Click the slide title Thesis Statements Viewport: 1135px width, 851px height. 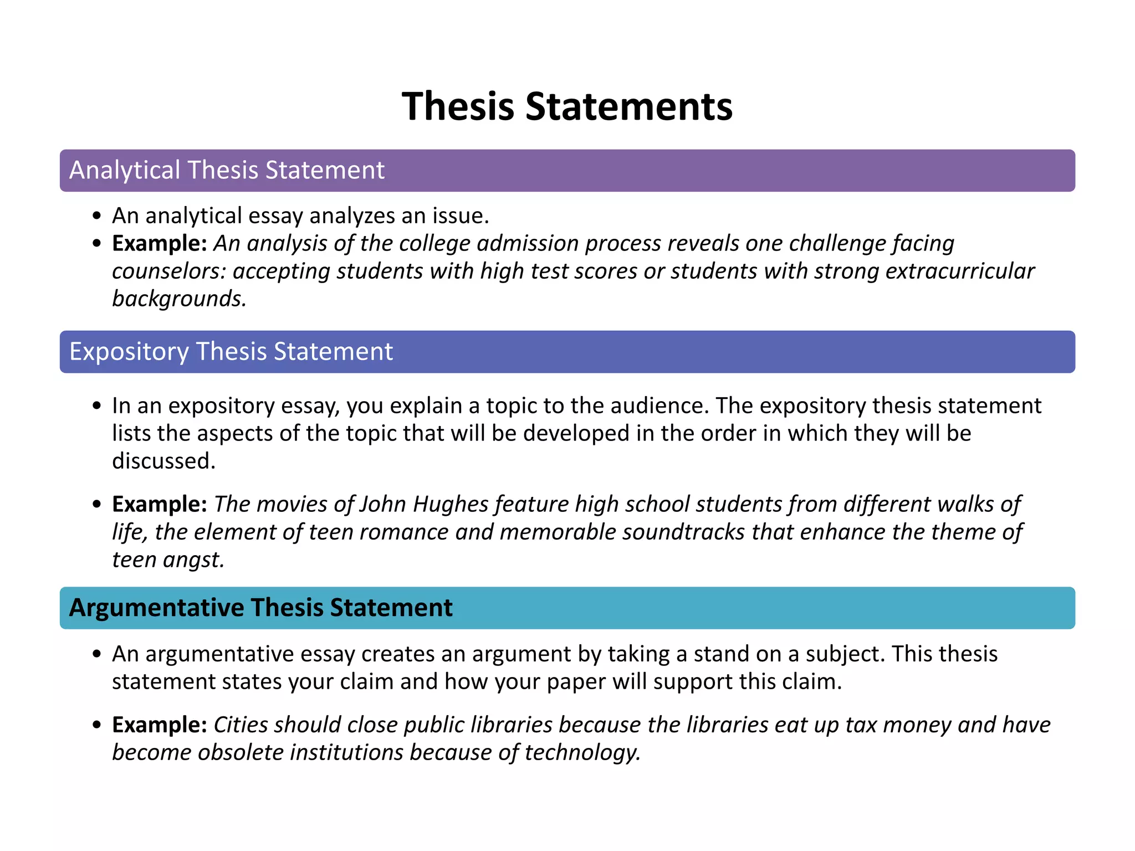point(567,106)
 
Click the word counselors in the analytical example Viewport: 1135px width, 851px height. point(168,271)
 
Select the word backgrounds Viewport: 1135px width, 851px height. point(178,299)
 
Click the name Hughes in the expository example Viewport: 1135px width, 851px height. point(451,504)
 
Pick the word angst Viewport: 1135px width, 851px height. point(193,560)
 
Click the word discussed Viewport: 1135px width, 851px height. point(163,461)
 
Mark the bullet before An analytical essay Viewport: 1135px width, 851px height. point(97,216)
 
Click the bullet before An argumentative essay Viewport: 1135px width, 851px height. point(97,654)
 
